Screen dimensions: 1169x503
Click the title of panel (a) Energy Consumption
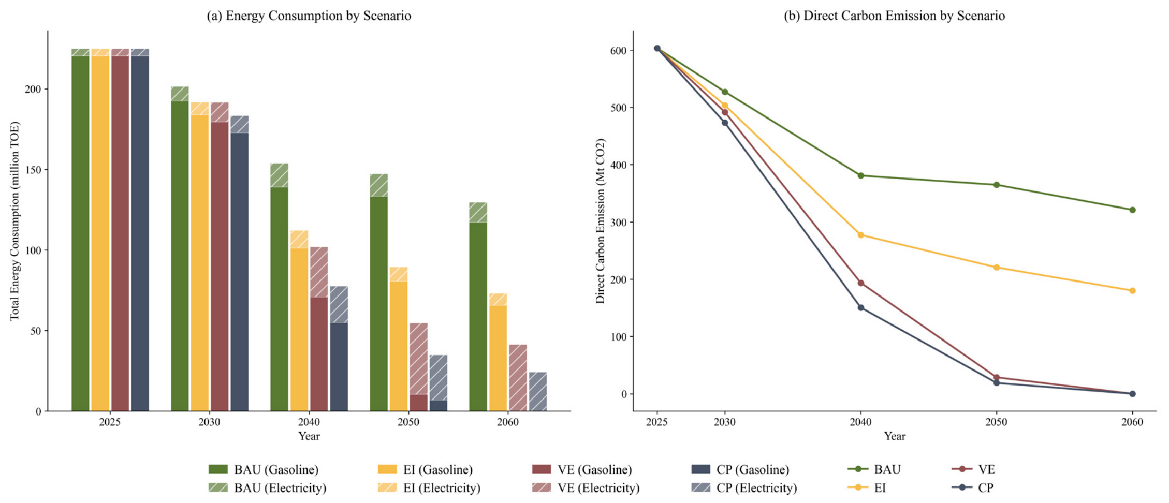tap(309, 16)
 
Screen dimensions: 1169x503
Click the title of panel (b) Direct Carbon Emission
tap(894, 16)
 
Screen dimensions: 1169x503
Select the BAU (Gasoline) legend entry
tap(264, 469)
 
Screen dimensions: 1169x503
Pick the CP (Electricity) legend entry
tap(744, 487)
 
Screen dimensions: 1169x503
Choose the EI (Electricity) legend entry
tap(429, 487)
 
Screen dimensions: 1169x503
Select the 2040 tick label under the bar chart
tap(309, 422)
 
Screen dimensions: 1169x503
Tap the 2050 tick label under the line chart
tap(997, 422)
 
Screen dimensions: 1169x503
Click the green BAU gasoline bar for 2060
tap(478, 317)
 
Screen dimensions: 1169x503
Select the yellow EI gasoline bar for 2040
tap(299, 330)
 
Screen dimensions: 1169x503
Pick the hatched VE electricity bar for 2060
tap(518, 378)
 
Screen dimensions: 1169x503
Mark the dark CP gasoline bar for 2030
tap(240, 272)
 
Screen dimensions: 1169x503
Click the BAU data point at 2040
tap(861, 175)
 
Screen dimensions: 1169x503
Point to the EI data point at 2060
tap(1133, 291)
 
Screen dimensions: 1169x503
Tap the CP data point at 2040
tap(861, 308)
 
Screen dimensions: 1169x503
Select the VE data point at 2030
tap(725, 112)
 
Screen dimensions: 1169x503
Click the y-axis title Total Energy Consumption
tap(14, 221)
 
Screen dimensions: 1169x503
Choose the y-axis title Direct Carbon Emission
tap(600, 221)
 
